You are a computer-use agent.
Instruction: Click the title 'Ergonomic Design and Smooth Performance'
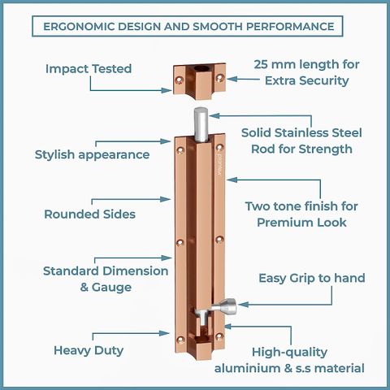[188, 27]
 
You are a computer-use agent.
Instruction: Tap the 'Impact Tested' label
[89, 69]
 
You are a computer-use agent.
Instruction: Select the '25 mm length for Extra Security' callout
[306, 72]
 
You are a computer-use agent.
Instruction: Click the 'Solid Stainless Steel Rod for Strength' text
[301, 141]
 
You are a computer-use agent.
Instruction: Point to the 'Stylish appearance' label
[92, 155]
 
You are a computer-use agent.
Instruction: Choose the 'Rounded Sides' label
[89, 214]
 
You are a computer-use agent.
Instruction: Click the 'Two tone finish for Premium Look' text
[301, 214]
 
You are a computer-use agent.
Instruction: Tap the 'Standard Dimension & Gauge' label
[106, 279]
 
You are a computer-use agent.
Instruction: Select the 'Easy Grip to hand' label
[312, 278]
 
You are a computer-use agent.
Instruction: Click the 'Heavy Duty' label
[89, 350]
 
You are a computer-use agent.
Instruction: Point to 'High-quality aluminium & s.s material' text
[289, 360]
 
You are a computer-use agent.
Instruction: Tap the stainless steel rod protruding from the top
[201, 124]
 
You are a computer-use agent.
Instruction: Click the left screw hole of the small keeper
[179, 80]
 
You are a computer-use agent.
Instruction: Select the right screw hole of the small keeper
[219, 78]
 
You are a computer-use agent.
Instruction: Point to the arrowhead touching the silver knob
[244, 305]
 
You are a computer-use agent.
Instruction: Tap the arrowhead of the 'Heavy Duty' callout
[164, 333]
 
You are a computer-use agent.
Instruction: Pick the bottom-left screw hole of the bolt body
[180, 340]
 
